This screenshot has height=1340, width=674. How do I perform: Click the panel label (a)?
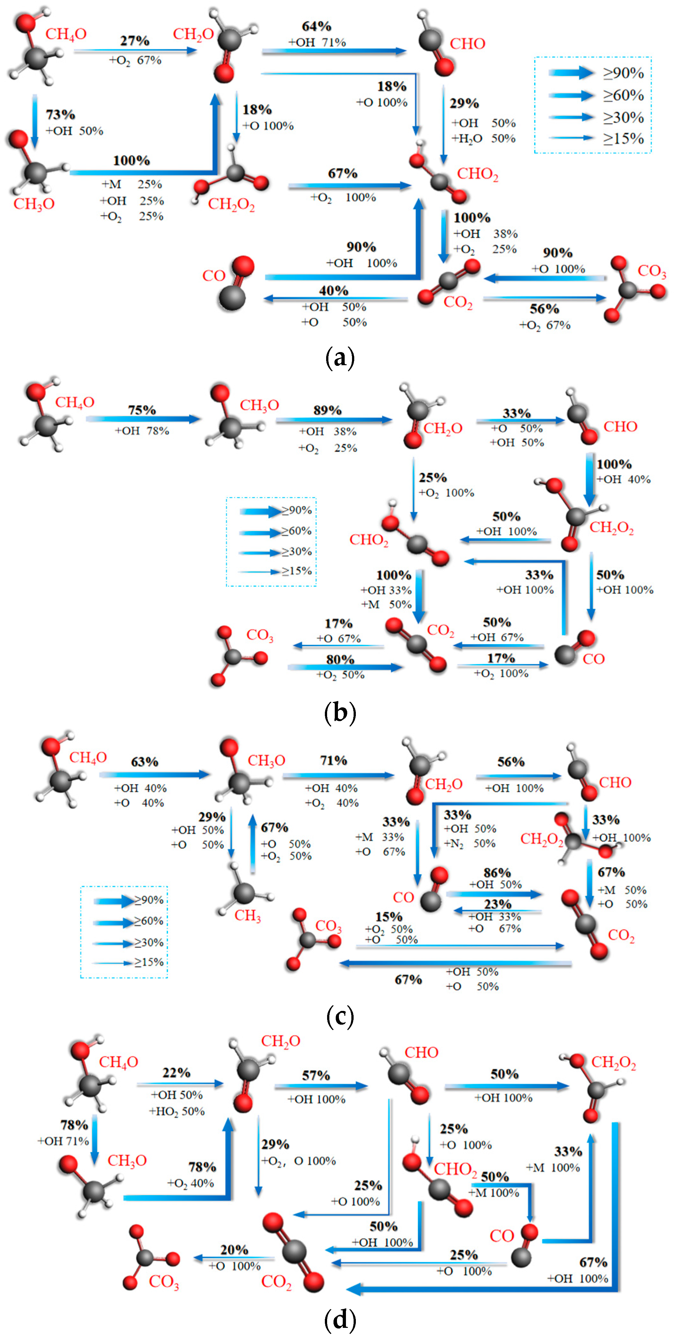tap(340, 358)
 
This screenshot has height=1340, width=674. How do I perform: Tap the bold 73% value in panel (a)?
tap(60, 114)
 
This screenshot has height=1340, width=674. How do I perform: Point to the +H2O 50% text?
tap(483, 138)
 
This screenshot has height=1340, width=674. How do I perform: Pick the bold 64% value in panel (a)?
tap(316, 26)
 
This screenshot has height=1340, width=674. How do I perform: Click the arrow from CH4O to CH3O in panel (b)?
tap(143, 419)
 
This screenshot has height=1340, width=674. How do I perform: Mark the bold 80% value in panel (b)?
tap(340, 659)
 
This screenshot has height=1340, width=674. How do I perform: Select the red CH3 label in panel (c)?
tap(248, 915)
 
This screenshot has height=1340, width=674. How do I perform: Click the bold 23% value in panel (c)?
tap(498, 904)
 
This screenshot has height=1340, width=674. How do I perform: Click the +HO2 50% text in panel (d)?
tap(177, 1112)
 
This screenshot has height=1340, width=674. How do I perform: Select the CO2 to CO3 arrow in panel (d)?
tap(234, 1258)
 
